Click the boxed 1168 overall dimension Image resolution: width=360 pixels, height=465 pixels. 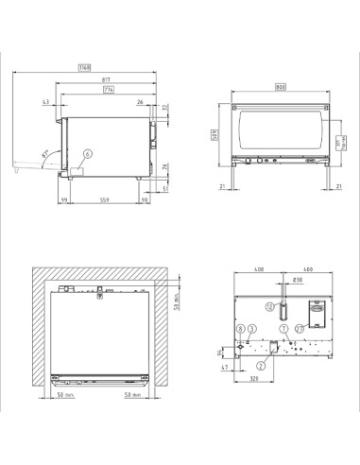tap(84, 67)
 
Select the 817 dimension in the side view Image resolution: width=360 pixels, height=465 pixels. tap(109, 79)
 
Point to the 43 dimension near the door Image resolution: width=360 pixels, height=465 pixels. tap(46, 102)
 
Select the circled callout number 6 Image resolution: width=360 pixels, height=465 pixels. tap(87, 153)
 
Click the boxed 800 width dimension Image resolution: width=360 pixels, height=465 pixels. tap(280, 87)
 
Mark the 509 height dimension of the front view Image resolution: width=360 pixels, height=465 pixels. tap(215, 139)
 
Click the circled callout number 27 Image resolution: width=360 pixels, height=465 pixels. tap(300, 327)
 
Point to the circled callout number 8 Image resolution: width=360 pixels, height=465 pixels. tap(241, 327)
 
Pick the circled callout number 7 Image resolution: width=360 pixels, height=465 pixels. tap(283, 327)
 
